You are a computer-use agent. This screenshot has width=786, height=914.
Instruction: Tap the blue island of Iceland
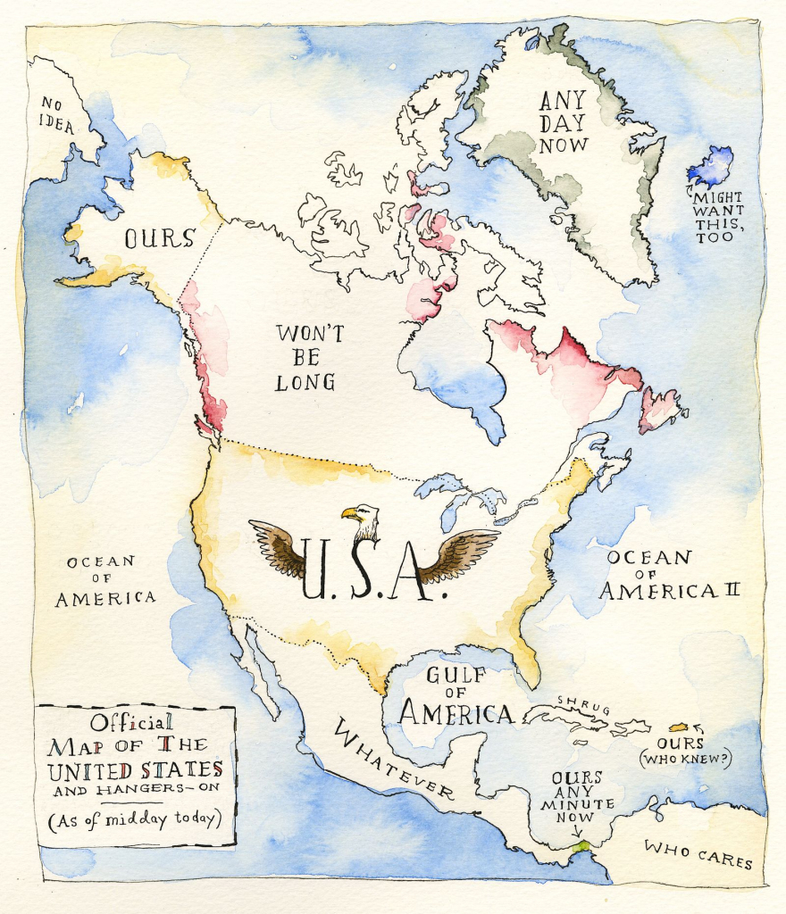tap(711, 168)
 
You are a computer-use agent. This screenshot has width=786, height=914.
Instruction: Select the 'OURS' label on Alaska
tap(159, 239)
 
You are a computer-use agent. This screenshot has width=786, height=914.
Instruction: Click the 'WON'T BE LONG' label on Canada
tap(305, 358)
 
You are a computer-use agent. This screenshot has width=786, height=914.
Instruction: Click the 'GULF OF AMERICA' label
tap(456, 696)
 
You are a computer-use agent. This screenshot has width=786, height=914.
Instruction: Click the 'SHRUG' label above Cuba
tap(583, 704)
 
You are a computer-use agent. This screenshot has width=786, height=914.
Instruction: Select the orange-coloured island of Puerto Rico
tap(679, 727)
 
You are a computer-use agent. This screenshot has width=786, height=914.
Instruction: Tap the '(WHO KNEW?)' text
tap(684, 760)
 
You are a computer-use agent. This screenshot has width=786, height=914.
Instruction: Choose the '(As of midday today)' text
tap(135, 818)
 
